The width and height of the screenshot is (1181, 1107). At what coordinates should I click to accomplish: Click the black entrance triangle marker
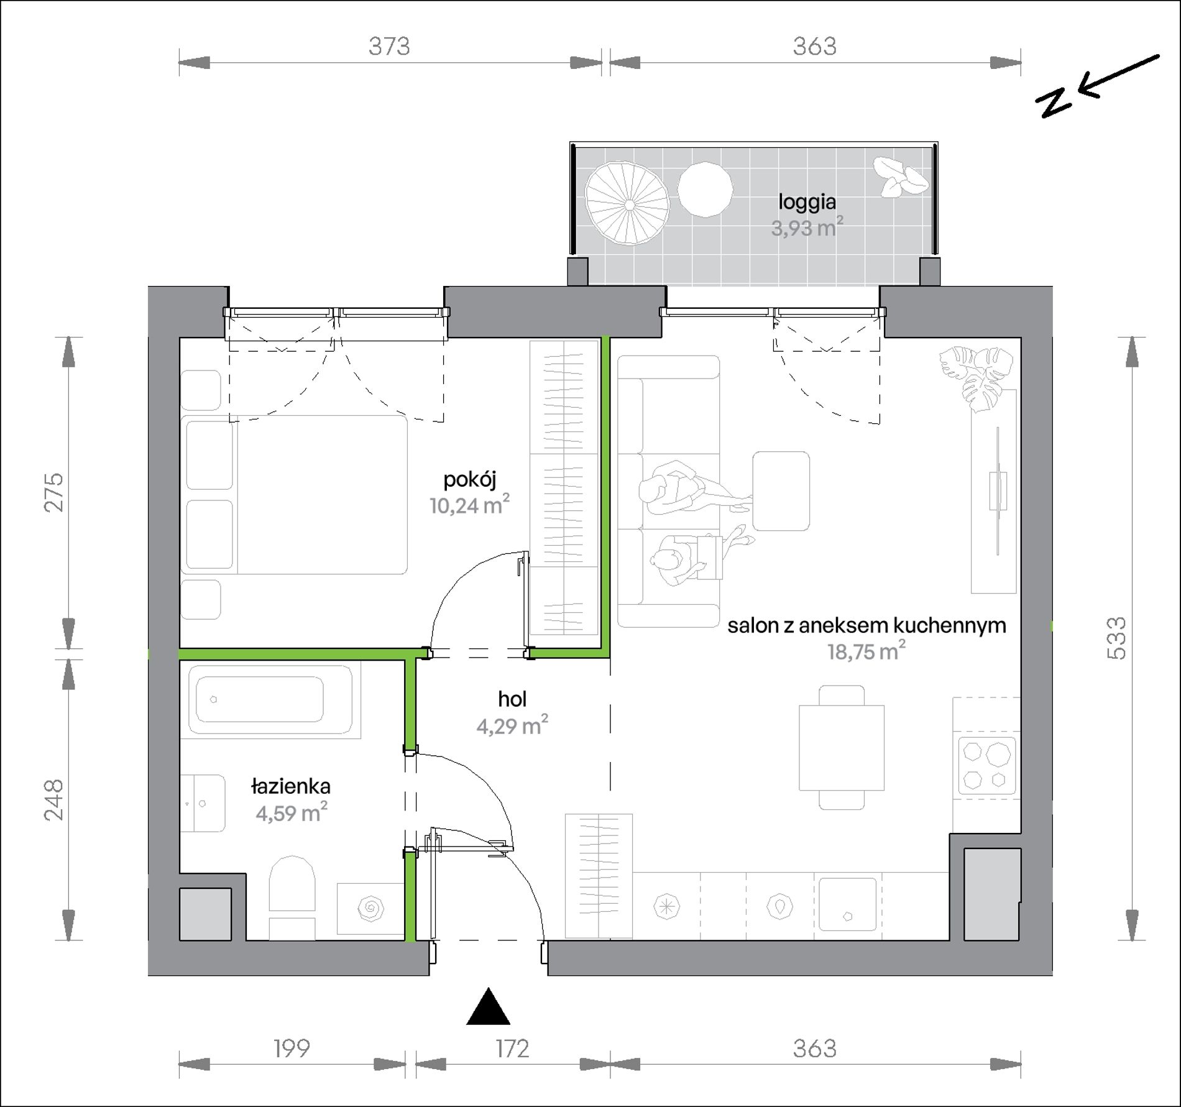489,1006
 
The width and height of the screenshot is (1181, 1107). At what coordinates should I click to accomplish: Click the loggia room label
807,201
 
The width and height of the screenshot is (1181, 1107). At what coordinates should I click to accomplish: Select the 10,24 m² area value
469,505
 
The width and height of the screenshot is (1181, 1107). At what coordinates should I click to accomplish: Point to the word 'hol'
512,699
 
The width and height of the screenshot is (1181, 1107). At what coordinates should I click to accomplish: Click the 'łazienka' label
291,787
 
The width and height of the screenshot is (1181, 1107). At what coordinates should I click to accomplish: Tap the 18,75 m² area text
866,651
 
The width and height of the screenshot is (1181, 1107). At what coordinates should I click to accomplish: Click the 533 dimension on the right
1117,638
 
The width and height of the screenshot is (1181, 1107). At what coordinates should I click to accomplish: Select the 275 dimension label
53,492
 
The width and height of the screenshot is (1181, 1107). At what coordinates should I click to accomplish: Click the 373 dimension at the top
390,47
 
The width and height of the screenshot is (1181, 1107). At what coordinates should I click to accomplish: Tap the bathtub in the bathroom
270,699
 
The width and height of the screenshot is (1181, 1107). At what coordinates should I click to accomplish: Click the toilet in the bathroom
292,898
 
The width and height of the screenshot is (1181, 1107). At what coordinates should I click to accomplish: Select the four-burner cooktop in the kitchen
988,766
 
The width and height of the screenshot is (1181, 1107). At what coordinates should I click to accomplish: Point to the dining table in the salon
842,747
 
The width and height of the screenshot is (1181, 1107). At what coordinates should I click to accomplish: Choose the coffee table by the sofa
781,491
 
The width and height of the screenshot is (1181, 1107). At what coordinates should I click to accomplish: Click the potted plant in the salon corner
975,379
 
